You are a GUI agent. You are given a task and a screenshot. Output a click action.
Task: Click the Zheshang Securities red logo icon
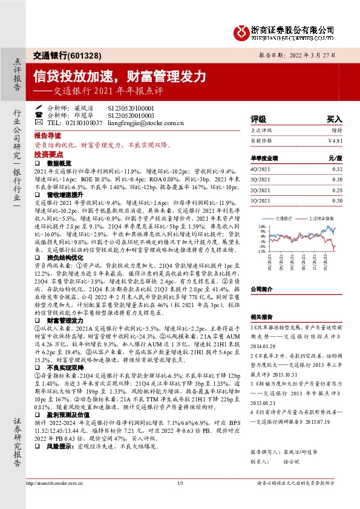240,31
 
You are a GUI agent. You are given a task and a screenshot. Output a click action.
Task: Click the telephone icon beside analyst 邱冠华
39,115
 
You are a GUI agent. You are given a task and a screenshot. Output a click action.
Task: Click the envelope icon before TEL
39,122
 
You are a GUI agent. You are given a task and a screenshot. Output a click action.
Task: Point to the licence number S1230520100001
131,107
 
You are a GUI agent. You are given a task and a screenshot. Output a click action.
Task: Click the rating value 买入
334,120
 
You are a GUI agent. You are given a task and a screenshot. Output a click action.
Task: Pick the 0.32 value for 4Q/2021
337,169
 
